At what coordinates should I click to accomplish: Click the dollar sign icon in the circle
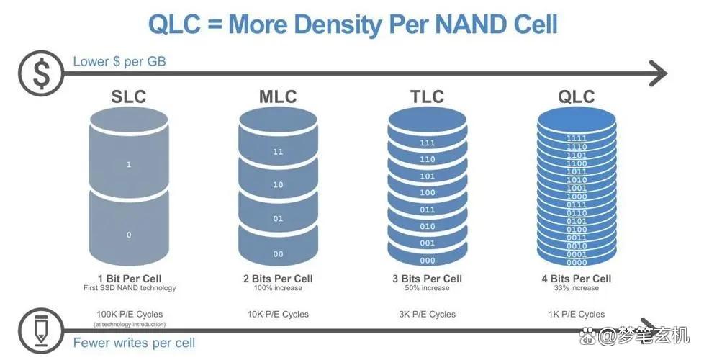(x=41, y=73)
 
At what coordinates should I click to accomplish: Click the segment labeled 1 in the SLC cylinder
(x=129, y=165)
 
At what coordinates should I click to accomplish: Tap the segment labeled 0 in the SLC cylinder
(x=129, y=235)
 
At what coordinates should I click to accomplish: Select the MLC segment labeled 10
(x=278, y=185)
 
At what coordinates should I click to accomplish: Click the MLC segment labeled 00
(x=278, y=253)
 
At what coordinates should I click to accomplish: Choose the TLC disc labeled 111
(x=428, y=143)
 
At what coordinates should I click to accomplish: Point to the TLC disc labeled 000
(x=428, y=261)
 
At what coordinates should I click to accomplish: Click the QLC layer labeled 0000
(x=576, y=261)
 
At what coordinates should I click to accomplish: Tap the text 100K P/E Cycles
(x=130, y=314)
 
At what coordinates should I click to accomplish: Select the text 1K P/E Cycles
(x=576, y=314)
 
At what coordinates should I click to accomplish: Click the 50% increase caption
(x=426, y=288)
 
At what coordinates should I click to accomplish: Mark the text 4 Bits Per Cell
(x=576, y=279)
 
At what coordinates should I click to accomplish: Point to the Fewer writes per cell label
(x=134, y=343)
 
